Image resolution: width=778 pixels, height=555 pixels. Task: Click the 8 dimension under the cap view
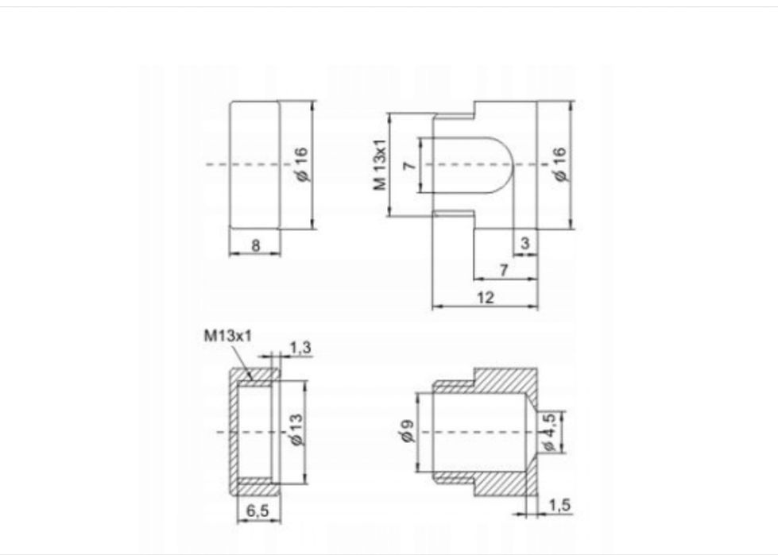click(x=256, y=245)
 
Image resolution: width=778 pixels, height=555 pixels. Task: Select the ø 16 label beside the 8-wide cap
click(x=302, y=164)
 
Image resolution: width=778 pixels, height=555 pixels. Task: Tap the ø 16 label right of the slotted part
click(x=559, y=164)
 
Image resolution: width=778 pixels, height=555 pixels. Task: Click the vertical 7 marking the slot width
click(x=409, y=165)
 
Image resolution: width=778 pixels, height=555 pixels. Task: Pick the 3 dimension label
click(x=525, y=243)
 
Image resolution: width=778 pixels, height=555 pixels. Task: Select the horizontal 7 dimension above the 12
click(x=504, y=270)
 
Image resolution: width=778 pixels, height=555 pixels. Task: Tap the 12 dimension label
click(x=486, y=297)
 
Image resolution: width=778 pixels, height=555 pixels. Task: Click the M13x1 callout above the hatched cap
click(x=228, y=336)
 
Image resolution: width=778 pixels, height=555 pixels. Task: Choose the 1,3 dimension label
click(x=300, y=348)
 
